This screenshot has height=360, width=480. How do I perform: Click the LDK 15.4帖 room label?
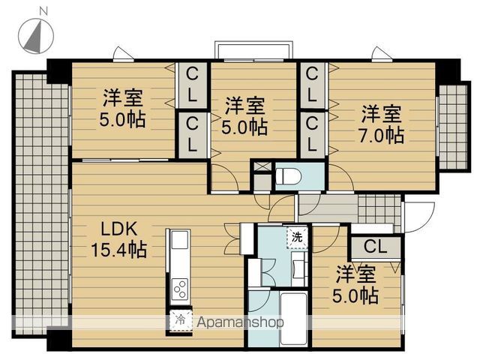(119, 239)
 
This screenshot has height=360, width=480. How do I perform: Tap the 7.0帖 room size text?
(382, 135)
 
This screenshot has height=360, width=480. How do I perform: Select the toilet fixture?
(288, 176)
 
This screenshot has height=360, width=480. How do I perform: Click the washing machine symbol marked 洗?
(297, 237)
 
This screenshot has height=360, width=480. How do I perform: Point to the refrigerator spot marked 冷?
(181, 320)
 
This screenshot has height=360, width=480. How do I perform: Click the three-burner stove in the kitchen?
(180, 289)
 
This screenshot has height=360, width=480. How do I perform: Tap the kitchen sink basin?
(180, 240)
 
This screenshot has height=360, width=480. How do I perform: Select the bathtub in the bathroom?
(293, 319)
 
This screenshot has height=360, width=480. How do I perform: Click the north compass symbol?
(36, 36)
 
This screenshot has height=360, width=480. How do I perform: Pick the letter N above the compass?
(43, 11)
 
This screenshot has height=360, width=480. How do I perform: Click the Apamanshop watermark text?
(240, 322)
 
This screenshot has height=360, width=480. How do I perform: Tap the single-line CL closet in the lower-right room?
(375, 247)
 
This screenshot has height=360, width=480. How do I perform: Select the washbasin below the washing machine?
(298, 269)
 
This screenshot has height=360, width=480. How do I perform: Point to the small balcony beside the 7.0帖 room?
(453, 127)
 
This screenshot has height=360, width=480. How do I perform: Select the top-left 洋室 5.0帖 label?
(122, 108)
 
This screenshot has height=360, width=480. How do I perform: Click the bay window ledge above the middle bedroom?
(253, 50)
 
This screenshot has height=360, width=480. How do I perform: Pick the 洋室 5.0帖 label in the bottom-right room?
(355, 284)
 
